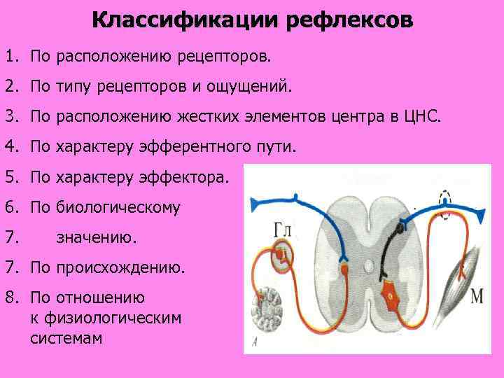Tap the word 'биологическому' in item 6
click(x=122, y=207)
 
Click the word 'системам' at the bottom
click(x=66, y=338)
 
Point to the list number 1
click(x=9, y=54)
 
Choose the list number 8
click(x=9, y=297)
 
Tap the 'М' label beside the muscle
click(x=477, y=296)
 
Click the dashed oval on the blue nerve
click(x=444, y=197)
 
